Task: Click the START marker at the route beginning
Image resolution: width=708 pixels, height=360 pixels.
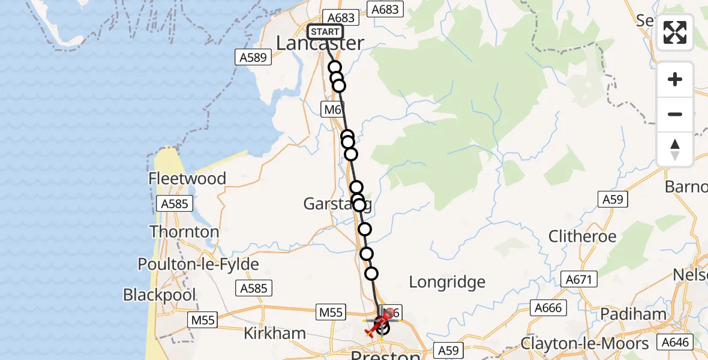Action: (x=325, y=32)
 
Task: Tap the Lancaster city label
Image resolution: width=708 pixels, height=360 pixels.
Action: (x=320, y=43)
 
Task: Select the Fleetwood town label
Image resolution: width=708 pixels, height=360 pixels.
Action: (x=188, y=179)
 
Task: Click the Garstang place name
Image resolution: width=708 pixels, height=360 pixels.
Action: (x=337, y=205)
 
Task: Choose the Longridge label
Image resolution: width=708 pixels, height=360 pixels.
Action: (x=447, y=282)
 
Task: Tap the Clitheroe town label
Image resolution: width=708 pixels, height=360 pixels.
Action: (x=582, y=236)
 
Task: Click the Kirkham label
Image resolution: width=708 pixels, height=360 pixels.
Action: (x=274, y=333)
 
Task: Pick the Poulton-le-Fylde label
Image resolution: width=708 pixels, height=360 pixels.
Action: (x=198, y=265)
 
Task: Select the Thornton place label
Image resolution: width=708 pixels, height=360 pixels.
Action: (x=184, y=232)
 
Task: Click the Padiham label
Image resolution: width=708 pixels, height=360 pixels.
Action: (x=633, y=314)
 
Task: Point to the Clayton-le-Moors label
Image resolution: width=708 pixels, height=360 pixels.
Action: (x=584, y=344)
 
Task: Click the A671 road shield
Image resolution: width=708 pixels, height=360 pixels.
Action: (x=578, y=279)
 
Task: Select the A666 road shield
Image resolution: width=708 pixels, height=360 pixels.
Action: (x=548, y=308)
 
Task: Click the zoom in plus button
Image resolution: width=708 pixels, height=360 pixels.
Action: (x=675, y=79)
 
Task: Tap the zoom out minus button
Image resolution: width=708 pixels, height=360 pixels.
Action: (x=675, y=114)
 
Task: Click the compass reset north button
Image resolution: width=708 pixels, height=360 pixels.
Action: (x=675, y=149)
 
